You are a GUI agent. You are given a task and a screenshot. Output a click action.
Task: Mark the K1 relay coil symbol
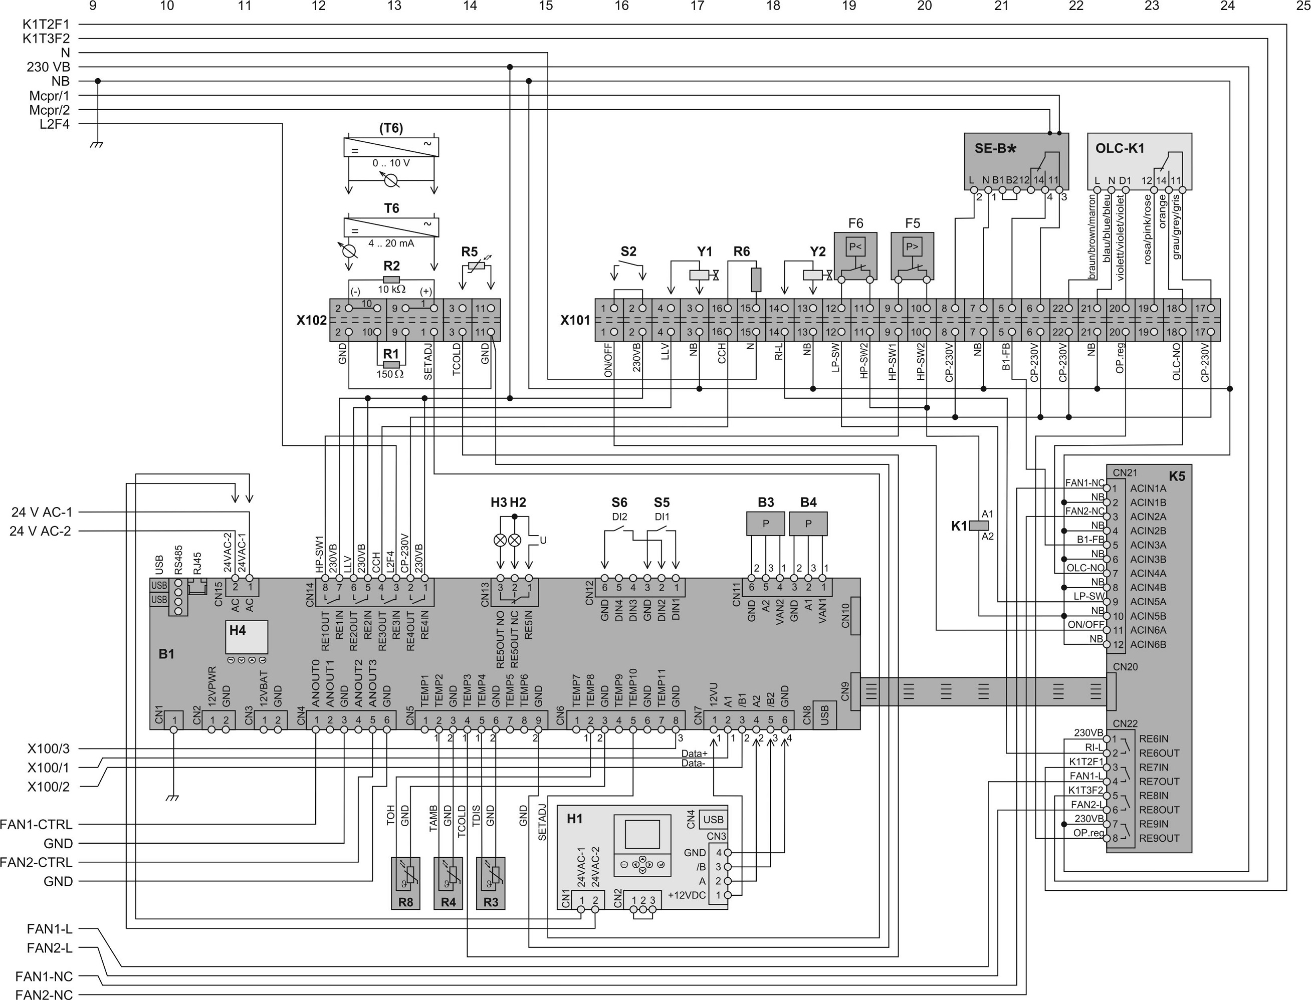click(978, 526)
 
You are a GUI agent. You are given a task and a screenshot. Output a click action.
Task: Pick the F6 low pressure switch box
click(855, 256)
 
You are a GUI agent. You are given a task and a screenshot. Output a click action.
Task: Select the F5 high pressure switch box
click(912, 256)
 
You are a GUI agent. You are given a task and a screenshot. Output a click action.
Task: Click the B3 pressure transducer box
click(766, 524)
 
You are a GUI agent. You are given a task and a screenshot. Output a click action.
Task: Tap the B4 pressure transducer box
click(808, 524)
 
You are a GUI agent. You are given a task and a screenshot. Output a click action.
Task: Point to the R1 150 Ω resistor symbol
click(391, 364)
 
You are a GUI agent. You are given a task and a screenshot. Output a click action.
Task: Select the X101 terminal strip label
click(575, 320)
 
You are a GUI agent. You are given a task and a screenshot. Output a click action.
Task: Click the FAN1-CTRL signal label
click(36, 825)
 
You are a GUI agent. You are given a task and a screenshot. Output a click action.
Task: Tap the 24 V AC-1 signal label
click(42, 512)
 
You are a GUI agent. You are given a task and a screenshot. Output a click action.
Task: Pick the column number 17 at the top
click(697, 6)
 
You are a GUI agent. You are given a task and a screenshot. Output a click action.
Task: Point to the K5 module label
click(1177, 475)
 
